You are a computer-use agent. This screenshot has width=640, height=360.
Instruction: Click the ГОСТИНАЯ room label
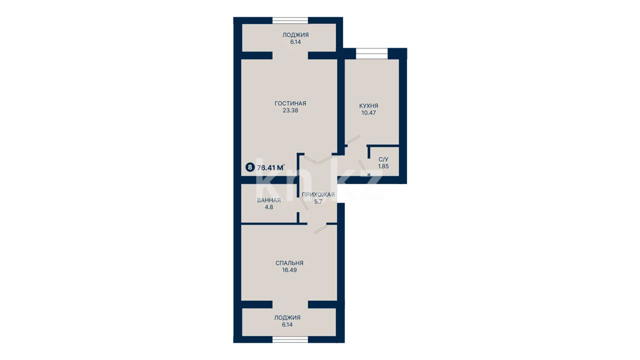tap(290, 103)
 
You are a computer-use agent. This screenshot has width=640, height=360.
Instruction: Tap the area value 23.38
tap(290, 110)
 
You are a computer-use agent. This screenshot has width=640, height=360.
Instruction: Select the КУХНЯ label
tap(368, 106)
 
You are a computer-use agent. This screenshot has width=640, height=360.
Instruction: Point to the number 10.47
tap(368, 112)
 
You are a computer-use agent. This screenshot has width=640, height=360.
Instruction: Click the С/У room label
tap(384, 159)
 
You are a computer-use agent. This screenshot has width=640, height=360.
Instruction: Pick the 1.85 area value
tap(384, 166)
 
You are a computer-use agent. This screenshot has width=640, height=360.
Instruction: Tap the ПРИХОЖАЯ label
tap(318, 195)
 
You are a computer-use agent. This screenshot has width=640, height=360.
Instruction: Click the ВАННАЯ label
tap(269, 200)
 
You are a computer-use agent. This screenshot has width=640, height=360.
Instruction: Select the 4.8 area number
tap(269, 207)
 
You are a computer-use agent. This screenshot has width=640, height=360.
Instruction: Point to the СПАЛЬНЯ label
tap(290, 263)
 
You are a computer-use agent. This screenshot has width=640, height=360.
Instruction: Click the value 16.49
tap(290, 270)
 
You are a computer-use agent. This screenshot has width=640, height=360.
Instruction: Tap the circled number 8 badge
tap(250, 167)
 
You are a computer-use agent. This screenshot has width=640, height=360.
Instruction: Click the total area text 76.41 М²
tap(271, 167)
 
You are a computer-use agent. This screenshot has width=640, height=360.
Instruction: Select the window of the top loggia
tap(290, 20)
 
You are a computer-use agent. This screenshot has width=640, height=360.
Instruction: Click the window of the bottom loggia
tap(290, 339)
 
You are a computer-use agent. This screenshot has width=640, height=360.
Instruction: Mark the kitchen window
tap(371, 54)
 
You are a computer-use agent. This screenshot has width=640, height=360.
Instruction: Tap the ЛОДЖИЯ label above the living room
tap(295, 35)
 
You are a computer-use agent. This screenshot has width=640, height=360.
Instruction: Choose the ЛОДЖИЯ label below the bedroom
tap(287, 317)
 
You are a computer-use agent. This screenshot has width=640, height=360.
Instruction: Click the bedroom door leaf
tap(320, 229)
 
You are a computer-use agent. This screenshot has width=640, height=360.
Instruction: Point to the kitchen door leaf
tap(353, 140)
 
